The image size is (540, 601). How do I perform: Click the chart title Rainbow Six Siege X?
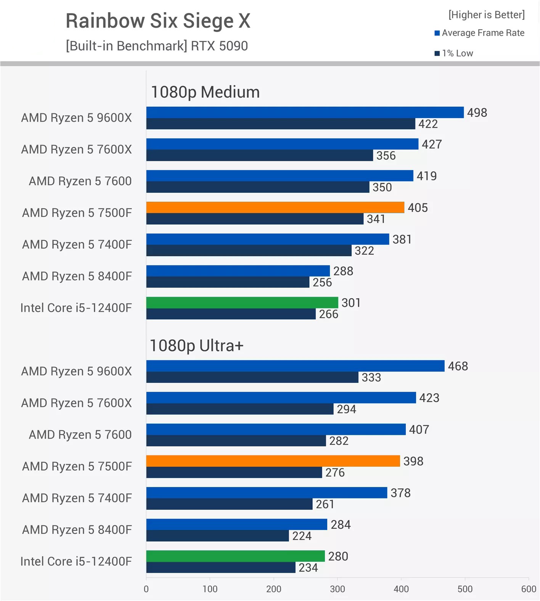(158, 21)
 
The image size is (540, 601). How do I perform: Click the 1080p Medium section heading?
(205, 92)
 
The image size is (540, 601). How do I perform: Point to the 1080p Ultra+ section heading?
(196, 345)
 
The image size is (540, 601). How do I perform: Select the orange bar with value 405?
(275, 207)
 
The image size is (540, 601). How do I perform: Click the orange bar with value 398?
(273, 461)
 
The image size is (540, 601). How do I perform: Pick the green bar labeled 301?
(242, 302)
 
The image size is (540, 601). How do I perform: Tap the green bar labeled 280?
(235, 556)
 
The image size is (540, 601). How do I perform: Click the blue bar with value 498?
(305, 112)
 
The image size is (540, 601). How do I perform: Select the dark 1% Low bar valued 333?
(252, 378)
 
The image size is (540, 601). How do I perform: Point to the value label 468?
(458, 366)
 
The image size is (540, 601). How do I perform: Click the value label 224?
(302, 536)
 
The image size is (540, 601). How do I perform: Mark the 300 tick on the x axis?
(337, 589)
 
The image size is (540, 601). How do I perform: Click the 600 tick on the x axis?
(529, 589)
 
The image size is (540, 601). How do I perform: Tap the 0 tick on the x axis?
(146, 589)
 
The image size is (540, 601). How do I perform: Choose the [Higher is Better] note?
(487, 15)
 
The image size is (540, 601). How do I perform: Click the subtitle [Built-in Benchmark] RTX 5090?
(157, 46)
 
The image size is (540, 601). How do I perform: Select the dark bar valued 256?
(228, 282)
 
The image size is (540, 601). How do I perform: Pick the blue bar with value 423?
(281, 397)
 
